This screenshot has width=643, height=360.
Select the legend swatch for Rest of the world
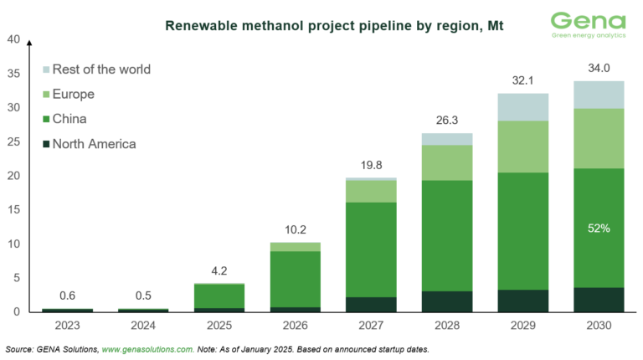[x=45, y=69]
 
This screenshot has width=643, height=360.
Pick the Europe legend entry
[x=73, y=94]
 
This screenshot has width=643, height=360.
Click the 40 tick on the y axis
[x=13, y=39]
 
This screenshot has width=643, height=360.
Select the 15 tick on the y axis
[x=13, y=209]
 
